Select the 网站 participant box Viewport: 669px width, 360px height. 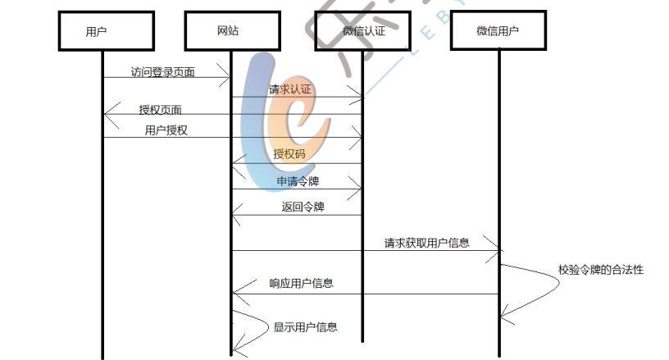[x=229, y=31]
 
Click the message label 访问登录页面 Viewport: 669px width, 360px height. [x=163, y=72]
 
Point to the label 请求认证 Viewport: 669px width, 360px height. [x=290, y=89]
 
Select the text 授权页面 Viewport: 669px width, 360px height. [x=161, y=110]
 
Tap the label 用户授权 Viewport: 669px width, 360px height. [x=166, y=130]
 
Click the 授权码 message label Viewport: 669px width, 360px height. [x=289, y=153]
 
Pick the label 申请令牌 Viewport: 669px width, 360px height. [x=298, y=180]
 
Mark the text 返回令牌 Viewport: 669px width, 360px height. [x=303, y=207]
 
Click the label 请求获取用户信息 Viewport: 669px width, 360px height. [x=426, y=243]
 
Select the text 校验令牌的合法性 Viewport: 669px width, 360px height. [x=601, y=269]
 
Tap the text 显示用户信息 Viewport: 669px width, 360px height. [x=305, y=327]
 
